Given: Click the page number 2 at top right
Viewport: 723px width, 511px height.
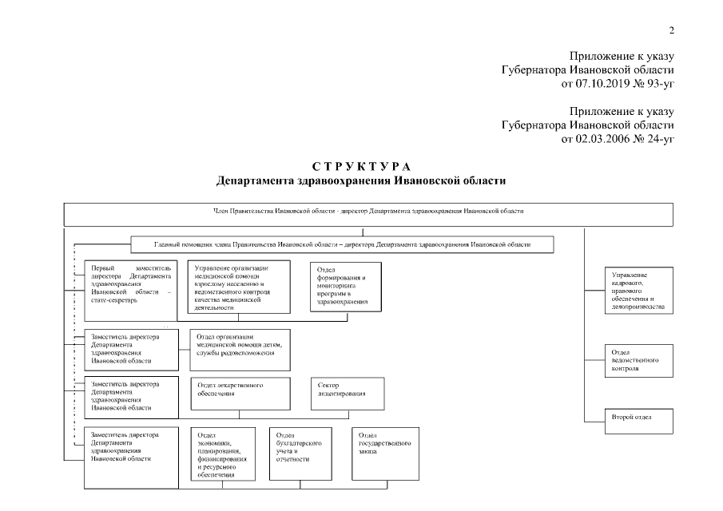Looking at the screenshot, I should tap(671, 31).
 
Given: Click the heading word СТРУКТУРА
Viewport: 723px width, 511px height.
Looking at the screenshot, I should tap(361, 166).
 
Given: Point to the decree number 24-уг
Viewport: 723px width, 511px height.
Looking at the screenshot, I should tap(658, 138).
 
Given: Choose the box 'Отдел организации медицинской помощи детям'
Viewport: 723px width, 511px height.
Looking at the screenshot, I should tap(240, 349).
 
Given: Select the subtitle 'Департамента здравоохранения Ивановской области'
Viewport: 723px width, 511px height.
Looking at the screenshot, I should tap(361, 180).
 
